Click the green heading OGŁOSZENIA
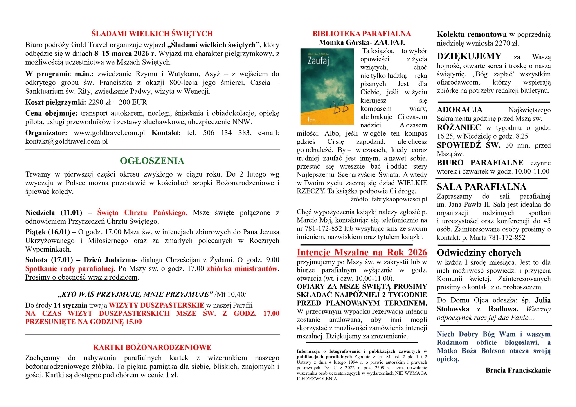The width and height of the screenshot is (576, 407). tap(152, 161)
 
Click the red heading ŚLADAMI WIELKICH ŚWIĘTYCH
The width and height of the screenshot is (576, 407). tap(152, 34)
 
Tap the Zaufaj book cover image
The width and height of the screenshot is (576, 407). tap(327, 87)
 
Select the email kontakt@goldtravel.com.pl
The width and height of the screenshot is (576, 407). tap(66, 141)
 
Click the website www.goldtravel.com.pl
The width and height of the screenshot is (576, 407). tap(109, 133)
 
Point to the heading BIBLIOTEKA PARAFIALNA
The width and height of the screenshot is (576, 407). tap(362, 34)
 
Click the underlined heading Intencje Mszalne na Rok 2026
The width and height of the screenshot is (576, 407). tap(362, 252)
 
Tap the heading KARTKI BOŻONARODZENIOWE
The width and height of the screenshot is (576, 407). tap(152, 347)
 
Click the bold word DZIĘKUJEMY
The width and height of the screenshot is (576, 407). tap(469, 56)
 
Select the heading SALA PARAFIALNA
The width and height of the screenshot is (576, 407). tap(481, 187)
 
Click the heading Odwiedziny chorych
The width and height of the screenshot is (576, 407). tap(479, 253)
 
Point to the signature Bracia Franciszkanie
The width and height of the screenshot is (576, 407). tap(518, 370)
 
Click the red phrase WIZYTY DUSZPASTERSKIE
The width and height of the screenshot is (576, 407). tap(157, 305)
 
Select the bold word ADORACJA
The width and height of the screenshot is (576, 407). tap(460, 110)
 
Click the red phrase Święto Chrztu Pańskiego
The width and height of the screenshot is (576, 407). tap(142, 213)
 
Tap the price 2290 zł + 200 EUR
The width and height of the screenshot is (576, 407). tap(117, 102)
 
